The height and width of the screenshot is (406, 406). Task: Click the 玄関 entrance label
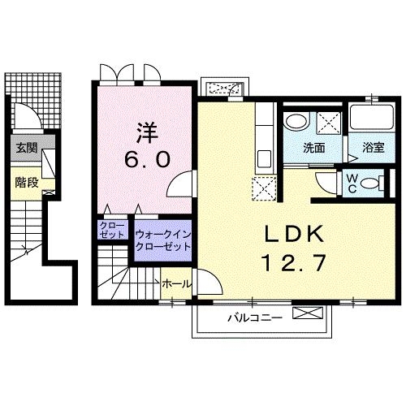tap(27, 148)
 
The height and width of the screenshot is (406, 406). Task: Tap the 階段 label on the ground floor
tap(27, 183)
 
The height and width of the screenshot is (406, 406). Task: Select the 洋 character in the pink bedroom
tap(148, 133)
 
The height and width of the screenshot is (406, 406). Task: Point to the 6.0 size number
tap(148, 159)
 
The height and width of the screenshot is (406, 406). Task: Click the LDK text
tap(294, 235)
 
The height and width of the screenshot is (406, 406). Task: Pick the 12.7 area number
tap(294, 263)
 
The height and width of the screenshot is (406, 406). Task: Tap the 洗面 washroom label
tap(314, 148)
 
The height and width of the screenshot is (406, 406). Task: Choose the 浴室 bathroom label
tap(374, 148)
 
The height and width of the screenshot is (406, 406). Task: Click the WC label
tap(352, 184)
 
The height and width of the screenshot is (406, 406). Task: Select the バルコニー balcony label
tap(255, 317)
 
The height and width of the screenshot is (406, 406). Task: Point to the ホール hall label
tap(177, 284)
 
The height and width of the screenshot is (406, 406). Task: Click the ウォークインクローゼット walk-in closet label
tap(163, 240)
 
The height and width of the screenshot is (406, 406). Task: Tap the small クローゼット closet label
tap(112, 230)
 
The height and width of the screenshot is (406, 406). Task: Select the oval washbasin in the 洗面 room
tap(297, 122)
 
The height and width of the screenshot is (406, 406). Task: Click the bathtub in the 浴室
tap(371, 117)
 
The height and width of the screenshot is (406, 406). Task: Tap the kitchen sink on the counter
tap(265, 159)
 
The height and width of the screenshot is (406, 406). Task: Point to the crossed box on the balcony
tap(308, 313)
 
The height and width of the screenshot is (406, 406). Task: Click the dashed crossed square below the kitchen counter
tap(264, 189)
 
